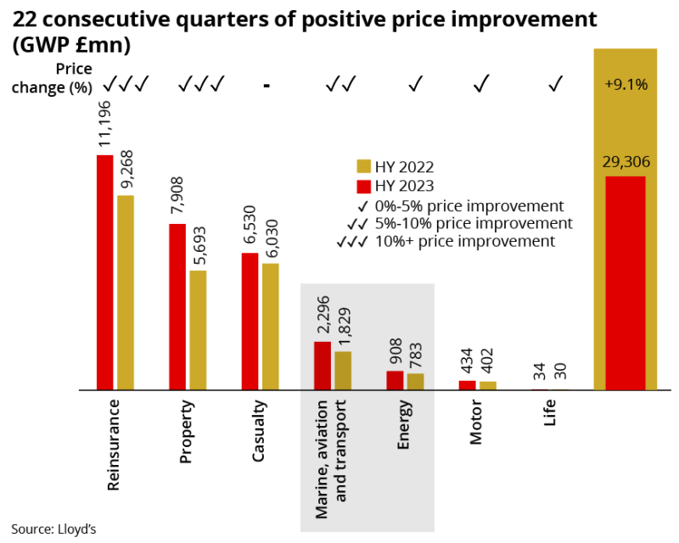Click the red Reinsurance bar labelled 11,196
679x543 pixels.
[104, 272]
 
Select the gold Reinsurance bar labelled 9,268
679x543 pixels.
[126, 293]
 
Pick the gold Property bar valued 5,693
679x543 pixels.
[198, 330]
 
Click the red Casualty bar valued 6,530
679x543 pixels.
[250, 322]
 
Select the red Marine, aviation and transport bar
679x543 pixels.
[323, 366]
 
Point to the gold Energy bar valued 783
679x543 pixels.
[415, 382]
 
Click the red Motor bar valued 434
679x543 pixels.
[468, 385]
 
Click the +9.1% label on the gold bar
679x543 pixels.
[626, 84]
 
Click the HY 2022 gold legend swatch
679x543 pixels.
[363, 167]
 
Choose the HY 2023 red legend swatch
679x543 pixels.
[363, 187]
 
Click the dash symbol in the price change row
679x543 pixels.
[267, 85]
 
